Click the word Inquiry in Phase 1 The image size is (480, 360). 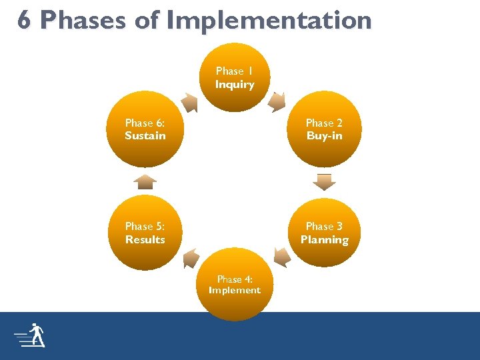click(x=235, y=85)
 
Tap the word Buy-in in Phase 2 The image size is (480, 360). click(x=324, y=136)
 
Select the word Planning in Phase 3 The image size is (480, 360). click(x=324, y=240)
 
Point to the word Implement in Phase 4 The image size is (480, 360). click(x=235, y=291)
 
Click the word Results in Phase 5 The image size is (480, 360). click(x=145, y=240)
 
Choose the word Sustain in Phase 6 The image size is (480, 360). click(x=145, y=136)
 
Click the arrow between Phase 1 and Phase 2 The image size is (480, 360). click(x=278, y=102)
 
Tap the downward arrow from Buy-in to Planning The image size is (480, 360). click(x=325, y=181)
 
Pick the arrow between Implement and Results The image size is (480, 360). click(x=191, y=258)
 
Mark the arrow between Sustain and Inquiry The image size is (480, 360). click(x=189, y=103)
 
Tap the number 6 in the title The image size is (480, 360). click(x=24, y=20)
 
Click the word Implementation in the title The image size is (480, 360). click(x=268, y=20)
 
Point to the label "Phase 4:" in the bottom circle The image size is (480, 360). click(x=235, y=279)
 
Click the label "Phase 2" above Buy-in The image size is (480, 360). click(x=324, y=123)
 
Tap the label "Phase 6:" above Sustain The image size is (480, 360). click(x=145, y=123)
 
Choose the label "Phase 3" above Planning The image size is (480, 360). click(x=324, y=227)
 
